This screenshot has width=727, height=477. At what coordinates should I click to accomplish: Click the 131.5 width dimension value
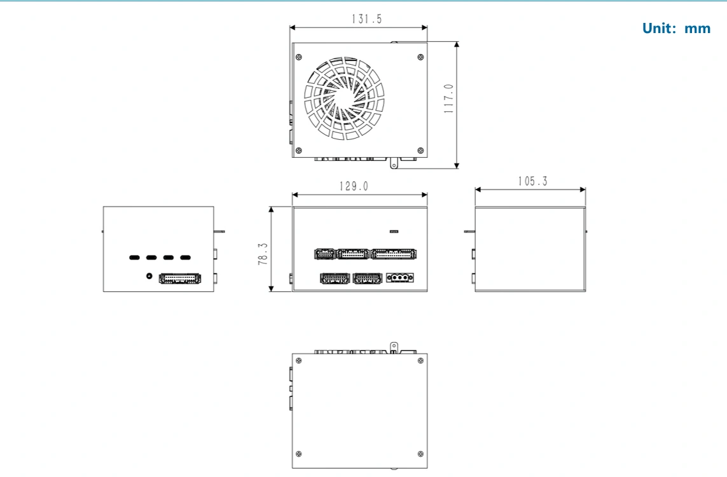pos(367,18)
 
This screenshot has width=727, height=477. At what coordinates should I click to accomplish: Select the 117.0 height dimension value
pos(449,99)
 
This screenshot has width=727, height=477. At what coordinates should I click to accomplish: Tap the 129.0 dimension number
pos(354,186)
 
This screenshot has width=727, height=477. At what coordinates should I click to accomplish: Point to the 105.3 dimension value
pos(533,181)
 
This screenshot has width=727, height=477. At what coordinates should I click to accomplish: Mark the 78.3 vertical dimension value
pos(263,254)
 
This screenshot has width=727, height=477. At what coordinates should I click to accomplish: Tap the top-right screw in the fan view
pos(420,57)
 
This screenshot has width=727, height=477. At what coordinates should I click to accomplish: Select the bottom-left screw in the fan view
pos(298,150)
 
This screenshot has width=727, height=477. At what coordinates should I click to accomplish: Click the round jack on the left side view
pos(149,276)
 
